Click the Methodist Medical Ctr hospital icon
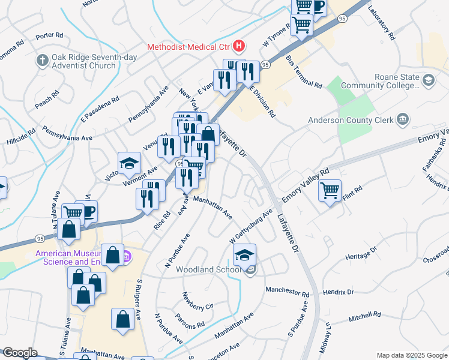(x=240, y=46)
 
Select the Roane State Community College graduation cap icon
(x=429, y=80)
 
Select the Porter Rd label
(x=49, y=36)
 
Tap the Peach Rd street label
(x=47, y=98)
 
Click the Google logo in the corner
(x=19, y=353)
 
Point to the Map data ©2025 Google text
(x=411, y=355)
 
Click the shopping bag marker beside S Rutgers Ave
(x=123, y=320)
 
